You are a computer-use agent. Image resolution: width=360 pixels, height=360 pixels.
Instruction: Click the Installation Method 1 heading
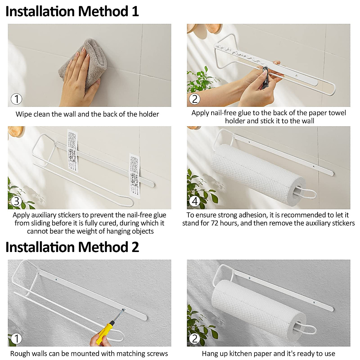click(x=72, y=11)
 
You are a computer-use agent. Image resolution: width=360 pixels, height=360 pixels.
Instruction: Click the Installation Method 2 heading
click(x=72, y=247)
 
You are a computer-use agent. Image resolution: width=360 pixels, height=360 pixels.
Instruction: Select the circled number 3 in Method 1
click(x=16, y=201)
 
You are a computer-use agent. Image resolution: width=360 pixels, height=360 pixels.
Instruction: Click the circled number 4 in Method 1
click(x=195, y=201)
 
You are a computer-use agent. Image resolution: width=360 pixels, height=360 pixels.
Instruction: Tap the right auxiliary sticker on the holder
click(x=135, y=175)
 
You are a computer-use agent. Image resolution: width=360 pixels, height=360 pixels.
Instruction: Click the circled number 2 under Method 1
click(x=195, y=99)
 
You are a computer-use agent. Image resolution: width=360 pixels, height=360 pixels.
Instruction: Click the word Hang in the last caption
click(x=209, y=354)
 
